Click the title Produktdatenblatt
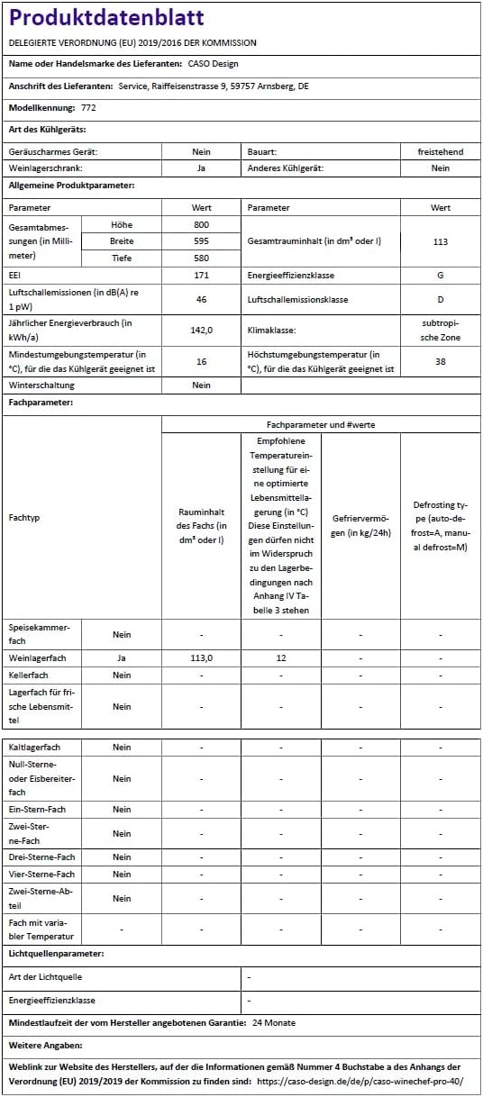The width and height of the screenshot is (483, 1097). (106, 18)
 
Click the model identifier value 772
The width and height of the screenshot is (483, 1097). (88, 107)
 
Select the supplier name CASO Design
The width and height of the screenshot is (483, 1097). (213, 64)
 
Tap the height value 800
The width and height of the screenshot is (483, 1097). (201, 224)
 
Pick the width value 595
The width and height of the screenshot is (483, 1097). (201, 241)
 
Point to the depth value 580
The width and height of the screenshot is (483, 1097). (201, 258)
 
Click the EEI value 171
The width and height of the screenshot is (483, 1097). (201, 275)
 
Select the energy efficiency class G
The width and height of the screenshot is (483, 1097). (440, 275)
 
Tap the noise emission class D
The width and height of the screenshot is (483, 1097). (440, 299)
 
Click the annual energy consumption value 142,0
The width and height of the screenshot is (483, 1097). (201, 330)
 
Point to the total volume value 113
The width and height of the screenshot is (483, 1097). (440, 241)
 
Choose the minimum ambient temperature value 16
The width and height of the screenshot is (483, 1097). (201, 361)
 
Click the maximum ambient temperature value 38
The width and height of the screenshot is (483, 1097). (440, 361)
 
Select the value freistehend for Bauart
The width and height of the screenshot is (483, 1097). (440, 152)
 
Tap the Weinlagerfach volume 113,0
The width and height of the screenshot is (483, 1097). (201, 658)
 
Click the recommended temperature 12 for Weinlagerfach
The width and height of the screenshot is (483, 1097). (281, 658)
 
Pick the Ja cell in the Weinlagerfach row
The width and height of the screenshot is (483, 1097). (122, 658)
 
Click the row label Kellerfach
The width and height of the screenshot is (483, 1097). (28, 675)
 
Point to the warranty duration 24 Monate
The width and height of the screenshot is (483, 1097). (274, 1023)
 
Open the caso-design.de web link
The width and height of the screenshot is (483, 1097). (360, 1081)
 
